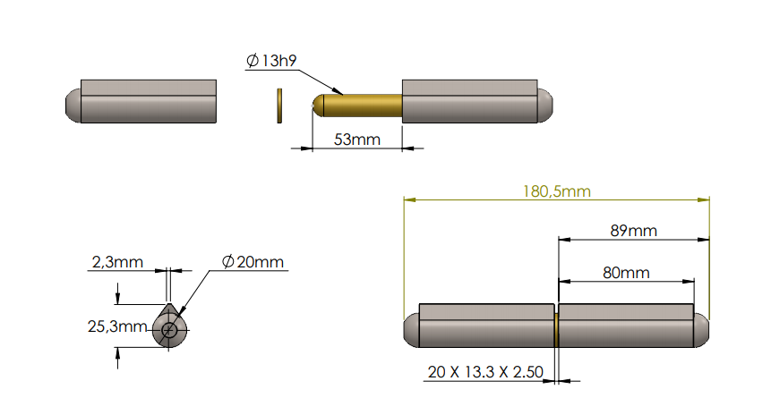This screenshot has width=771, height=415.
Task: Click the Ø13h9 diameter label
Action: [x=271, y=61]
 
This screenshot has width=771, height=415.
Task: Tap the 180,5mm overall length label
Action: [x=556, y=191]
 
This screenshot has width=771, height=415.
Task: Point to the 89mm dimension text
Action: [x=633, y=230]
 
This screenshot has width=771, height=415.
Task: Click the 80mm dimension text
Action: [x=626, y=272]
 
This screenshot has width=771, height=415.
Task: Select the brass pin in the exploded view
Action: [x=358, y=106]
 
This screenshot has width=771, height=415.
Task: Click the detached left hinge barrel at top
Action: [x=148, y=101]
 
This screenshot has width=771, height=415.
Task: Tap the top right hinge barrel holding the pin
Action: [x=470, y=101]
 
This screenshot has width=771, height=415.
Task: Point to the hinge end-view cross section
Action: [x=169, y=327]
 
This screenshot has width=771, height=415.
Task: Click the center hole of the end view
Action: [x=169, y=330]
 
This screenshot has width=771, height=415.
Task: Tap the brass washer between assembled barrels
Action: [x=556, y=328]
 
